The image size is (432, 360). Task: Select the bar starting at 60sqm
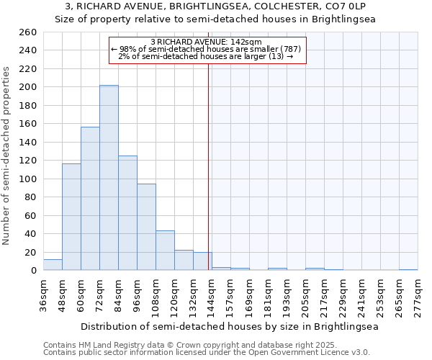(x=90, y=199)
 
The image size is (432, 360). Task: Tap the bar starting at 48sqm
(x=71, y=217)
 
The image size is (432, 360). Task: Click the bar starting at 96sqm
(x=146, y=228)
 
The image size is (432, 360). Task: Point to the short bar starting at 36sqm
(x=53, y=265)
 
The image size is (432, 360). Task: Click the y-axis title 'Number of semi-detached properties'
(x=7, y=156)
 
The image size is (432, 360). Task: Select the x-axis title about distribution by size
(x=230, y=326)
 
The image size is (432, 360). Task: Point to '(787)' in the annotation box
(x=295, y=49)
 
